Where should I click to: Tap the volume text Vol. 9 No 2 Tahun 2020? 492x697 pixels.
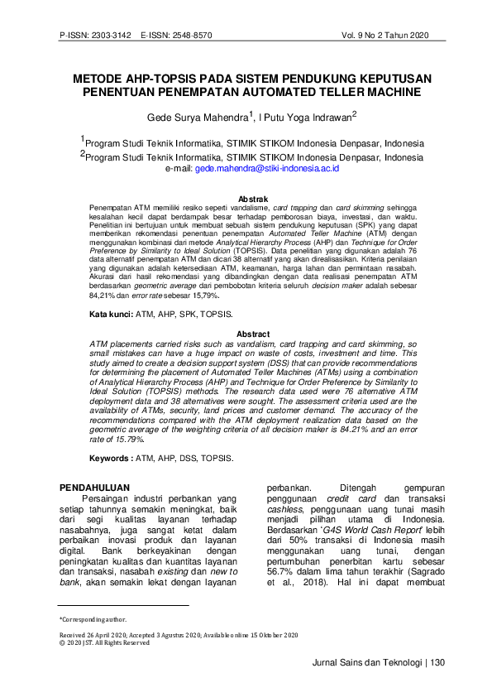(385, 36)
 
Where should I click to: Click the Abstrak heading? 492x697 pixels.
(252, 199)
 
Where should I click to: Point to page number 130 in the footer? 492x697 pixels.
(437, 662)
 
